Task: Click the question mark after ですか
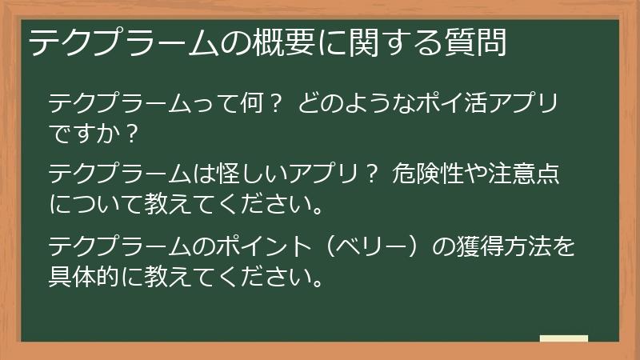[x=131, y=133]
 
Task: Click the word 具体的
[x=90, y=276]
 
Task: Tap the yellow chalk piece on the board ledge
[x=564, y=338]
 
